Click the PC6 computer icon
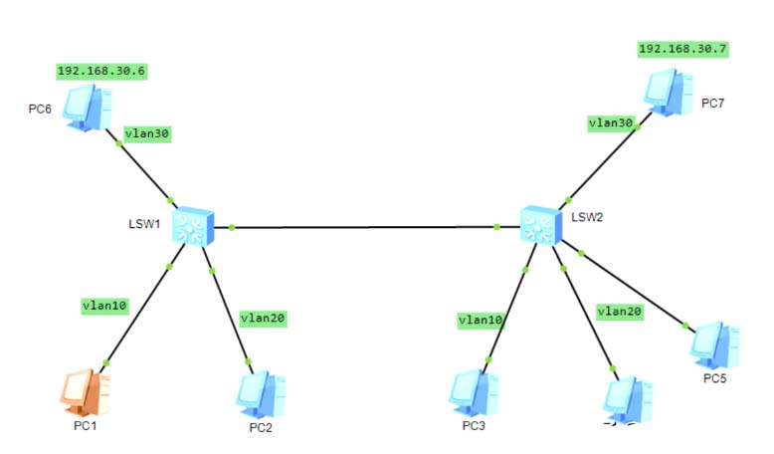click(86, 107)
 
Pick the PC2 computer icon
click(262, 394)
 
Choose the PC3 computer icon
click(474, 392)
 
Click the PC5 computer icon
click(715, 344)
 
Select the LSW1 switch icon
click(193, 227)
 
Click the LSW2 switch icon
click(541, 225)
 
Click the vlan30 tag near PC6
click(147, 133)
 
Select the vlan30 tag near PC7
click(611, 122)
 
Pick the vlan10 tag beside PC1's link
click(104, 306)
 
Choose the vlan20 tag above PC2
click(264, 318)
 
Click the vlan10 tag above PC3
click(481, 320)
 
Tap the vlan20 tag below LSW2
click(620, 311)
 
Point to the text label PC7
click(713, 102)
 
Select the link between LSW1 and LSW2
click(363, 227)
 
